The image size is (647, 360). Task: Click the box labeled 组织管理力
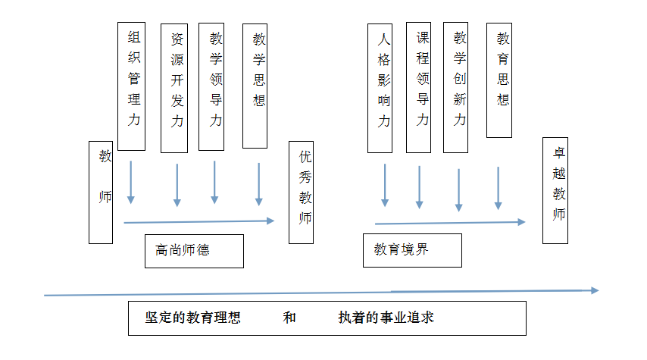[133, 76]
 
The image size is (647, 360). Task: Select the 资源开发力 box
[176, 87]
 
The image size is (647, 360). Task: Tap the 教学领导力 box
[214, 85]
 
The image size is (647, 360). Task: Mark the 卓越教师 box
[556, 189]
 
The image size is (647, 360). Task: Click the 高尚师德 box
[194, 251]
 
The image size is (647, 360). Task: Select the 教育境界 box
[412, 249]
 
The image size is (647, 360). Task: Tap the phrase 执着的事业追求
[386, 318]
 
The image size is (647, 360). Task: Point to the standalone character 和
[289, 318]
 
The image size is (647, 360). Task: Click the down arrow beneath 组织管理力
[131, 183]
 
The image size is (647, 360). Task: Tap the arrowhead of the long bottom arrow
[594, 290]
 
